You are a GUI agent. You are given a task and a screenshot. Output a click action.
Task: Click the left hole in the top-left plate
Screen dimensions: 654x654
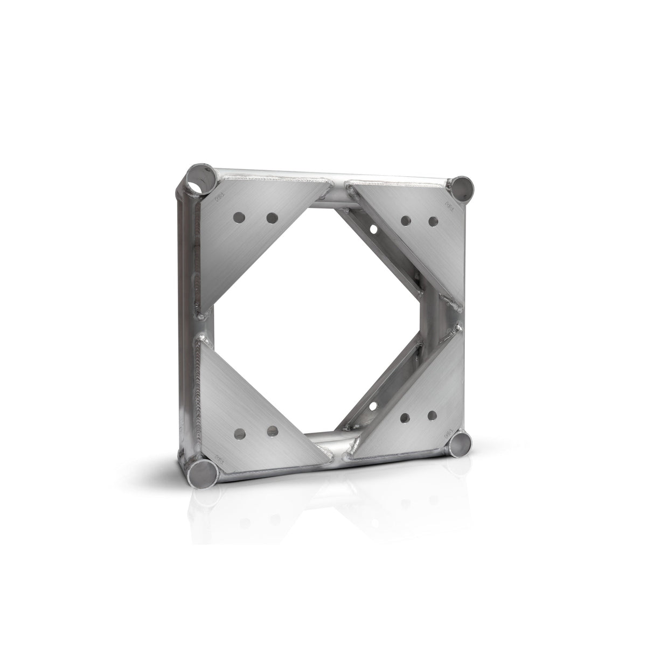coord(238,218)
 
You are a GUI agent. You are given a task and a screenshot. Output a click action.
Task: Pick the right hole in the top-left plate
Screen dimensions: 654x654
coord(272,218)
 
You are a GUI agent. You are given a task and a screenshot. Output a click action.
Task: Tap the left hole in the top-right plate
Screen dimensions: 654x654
coord(405,220)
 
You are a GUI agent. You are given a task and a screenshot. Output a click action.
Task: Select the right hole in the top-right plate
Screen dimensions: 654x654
coord(432,220)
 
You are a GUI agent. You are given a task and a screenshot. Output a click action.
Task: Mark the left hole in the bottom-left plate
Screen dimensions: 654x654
coord(238,432)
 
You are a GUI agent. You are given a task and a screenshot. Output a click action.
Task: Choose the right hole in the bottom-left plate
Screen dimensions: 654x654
coord(272,431)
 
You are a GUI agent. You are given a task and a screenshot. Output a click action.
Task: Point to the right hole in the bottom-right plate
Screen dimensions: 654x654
coord(432,415)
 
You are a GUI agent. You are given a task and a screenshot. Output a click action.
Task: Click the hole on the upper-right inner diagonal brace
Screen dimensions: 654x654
coord(373,229)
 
